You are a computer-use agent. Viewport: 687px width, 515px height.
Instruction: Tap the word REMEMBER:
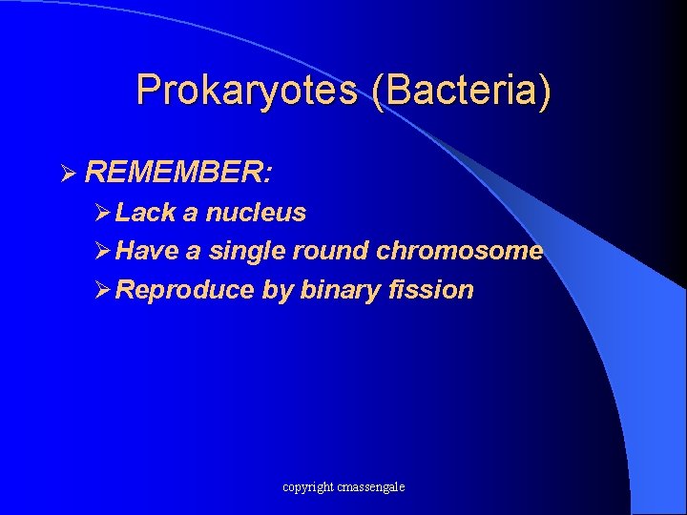[179, 173]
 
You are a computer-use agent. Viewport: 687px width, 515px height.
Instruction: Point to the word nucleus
[256, 213]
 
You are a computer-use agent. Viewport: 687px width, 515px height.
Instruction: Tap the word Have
[148, 252]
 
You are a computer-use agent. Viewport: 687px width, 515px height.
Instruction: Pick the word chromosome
[459, 252]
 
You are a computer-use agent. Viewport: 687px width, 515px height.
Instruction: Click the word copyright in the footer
[307, 487]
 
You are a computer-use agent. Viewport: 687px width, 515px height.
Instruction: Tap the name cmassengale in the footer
[370, 487]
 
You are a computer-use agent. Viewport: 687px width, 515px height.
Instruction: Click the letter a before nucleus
[191, 213]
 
